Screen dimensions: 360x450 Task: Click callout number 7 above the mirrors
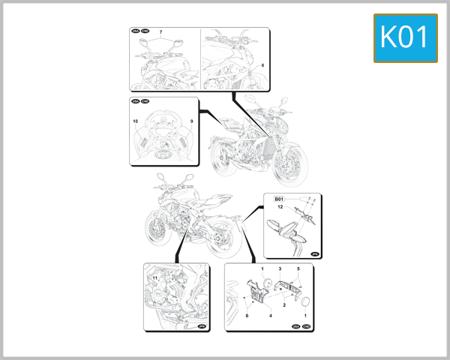pos(160,32)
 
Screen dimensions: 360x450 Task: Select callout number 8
pos(262,66)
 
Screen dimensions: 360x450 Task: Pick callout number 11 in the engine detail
pos(155,279)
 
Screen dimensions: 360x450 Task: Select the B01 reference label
pos(279,198)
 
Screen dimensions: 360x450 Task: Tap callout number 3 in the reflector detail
pos(280,268)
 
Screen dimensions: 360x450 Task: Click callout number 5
pos(298,268)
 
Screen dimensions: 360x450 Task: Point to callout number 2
pos(284,305)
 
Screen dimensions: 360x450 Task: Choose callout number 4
pos(270,316)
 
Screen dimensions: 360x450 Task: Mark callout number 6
pos(247,316)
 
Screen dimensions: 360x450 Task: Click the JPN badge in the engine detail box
pos(200,327)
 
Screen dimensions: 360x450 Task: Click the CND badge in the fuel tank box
pos(145,101)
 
